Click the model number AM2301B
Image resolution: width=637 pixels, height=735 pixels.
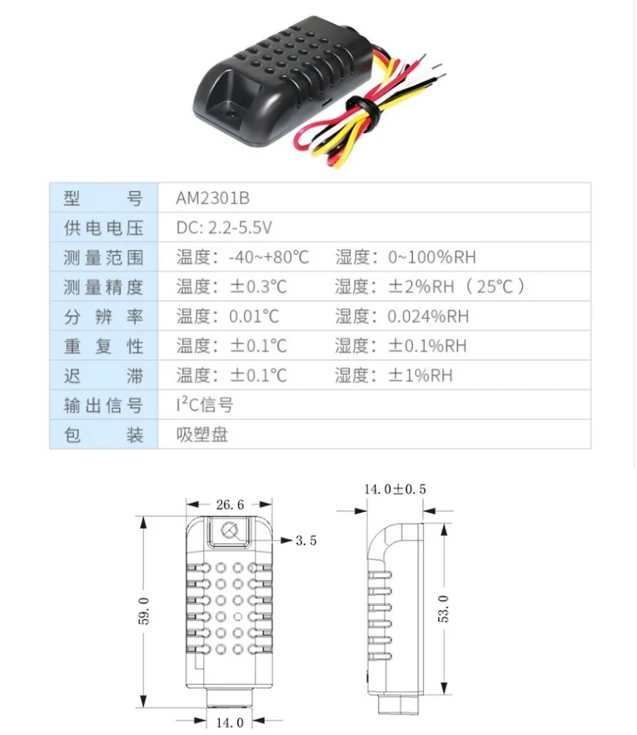tap(212, 198)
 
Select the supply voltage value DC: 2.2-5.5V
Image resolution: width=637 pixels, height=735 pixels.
tap(224, 228)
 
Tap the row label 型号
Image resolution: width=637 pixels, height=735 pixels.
tap(103, 198)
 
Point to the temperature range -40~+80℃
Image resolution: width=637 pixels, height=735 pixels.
tap(269, 257)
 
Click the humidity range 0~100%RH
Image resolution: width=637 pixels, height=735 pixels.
tap(431, 257)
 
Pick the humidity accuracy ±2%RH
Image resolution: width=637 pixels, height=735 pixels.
tap(421, 287)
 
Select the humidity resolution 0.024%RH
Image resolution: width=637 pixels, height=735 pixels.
tap(428, 316)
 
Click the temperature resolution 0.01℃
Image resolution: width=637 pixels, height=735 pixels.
tap(254, 316)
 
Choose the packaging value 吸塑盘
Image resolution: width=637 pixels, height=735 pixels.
tap(202, 435)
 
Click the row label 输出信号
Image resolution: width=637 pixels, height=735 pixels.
tap(103, 405)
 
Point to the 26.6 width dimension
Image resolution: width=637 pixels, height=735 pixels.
tap(230, 504)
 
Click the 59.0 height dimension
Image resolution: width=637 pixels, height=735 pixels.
tap(143, 611)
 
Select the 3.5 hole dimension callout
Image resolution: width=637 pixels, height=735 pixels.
tap(306, 540)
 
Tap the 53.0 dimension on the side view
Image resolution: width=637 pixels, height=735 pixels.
tap(443, 608)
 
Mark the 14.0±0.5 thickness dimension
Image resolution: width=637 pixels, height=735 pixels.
tap(395, 489)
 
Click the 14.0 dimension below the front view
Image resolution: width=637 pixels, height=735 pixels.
tap(230, 723)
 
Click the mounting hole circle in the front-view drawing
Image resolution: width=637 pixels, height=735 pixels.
tap(229, 530)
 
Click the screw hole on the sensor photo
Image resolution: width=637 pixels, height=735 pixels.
tap(230, 114)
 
